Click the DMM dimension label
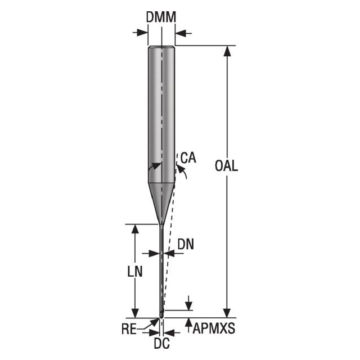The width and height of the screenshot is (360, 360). (161, 17)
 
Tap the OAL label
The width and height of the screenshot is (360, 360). (226, 166)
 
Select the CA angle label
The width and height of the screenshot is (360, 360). (188, 157)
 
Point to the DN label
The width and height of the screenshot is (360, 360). (186, 244)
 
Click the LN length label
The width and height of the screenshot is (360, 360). (135, 271)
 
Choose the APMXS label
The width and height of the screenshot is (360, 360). (214, 328)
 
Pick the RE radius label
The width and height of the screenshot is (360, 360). (129, 329)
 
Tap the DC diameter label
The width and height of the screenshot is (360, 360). (161, 344)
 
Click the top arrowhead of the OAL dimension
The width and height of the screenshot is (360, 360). (227, 51)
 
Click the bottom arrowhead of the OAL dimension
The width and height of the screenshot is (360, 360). (227, 313)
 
